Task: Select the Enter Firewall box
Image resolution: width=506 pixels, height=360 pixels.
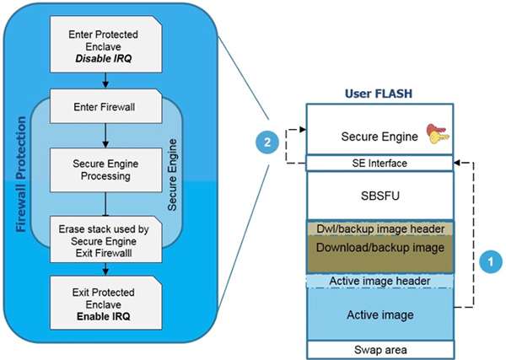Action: pyautogui.click(x=103, y=108)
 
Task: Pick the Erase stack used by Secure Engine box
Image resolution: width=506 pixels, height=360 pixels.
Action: pyautogui.click(x=103, y=239)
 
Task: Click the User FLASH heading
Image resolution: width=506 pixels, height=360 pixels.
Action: pyautogui.click(x=379, y=92)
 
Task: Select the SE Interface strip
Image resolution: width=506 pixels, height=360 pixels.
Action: pyautogui.click(x=379, y=162)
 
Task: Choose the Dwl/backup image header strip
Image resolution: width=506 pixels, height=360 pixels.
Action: pyautogui.click(x=379, y=228)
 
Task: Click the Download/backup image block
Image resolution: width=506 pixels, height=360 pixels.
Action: pyautogui.click(x=379, y=250)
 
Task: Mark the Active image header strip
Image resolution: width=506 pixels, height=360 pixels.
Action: pyautogui.click(x=379, y=280)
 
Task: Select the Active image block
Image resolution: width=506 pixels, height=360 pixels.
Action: pyautogui.click(x=379, y=314)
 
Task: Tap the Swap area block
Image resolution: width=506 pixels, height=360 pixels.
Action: pyautogui.click(x=379, y=348)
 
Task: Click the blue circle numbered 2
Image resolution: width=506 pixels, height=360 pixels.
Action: pyautogui.click(x=267, y=142)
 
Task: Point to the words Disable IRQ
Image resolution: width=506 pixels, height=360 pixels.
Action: pyautogui.click(x=103, y=59)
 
